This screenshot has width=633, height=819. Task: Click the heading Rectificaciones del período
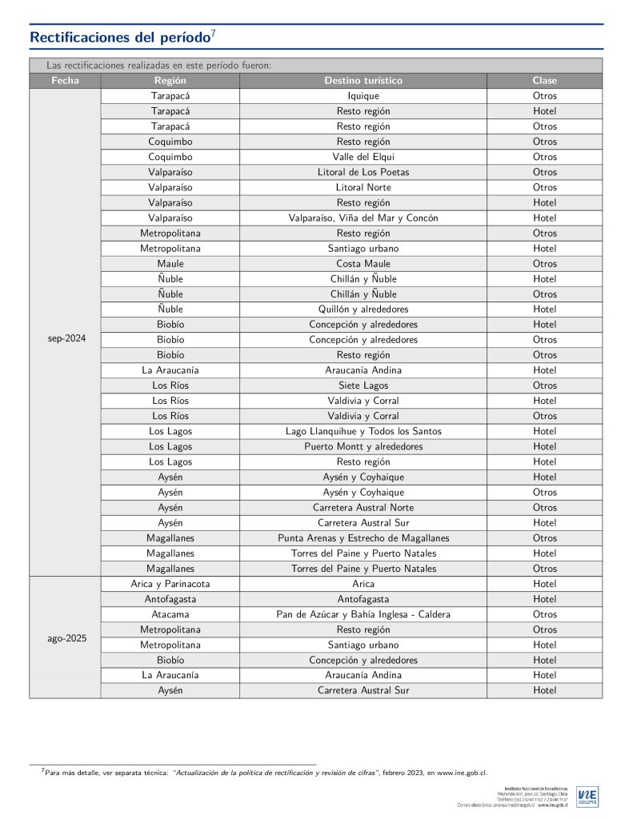[120, 38]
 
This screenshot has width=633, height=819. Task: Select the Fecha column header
[65, 81]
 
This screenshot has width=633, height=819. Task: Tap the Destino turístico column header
[363, 81]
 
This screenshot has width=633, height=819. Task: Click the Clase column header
[544, 81]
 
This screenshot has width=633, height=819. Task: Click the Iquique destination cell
[363, 96]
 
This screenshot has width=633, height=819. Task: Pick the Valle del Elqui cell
[363, 157]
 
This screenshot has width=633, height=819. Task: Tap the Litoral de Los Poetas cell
[363, 172]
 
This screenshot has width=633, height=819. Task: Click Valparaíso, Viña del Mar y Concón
[363, 218]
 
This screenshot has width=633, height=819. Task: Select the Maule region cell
[170, 263]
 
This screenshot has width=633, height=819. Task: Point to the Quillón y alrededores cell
[363, 309]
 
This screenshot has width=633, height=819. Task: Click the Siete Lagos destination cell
[363, 385]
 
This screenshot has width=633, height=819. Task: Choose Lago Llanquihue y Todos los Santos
[363, 431]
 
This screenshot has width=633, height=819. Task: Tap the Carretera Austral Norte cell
[363, 507]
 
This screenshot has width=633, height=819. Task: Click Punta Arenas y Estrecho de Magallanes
[363, 537]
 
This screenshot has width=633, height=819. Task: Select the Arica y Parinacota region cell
[170, 584]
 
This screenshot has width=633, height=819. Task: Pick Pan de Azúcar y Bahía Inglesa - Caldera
[363, 614]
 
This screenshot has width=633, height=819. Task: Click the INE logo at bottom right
[587, 797]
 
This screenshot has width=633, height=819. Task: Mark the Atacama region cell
[170, 614]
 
